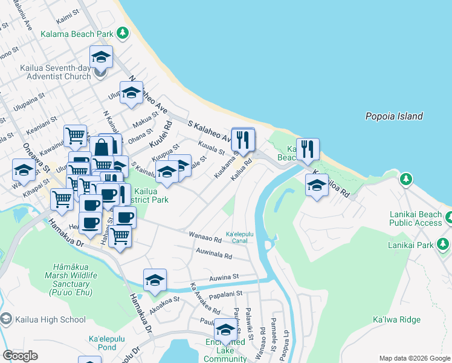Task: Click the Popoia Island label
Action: pyautogui.click(x=394, y=116)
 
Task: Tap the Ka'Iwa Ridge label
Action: pyautogui.click(x=396, y=319)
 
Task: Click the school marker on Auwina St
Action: pyautogui.click(x=155, y=280)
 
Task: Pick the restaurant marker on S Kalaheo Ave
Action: pyautogui.click(x=243, y=139)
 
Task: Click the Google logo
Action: pyautogui.click(x=20, y=356)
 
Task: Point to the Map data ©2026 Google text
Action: pyautogui.click(x=414, y=358)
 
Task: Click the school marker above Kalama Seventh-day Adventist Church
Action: pyautogui.click(x=101, y=57)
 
